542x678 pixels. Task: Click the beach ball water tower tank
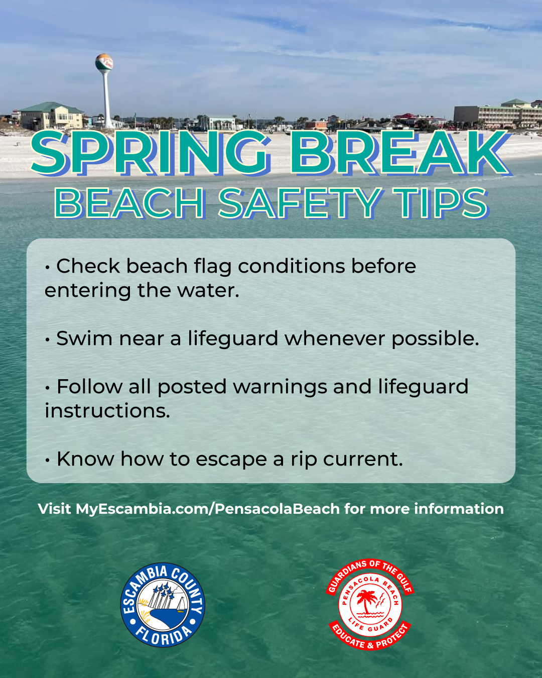(104, 62)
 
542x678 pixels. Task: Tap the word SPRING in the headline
(151, 153)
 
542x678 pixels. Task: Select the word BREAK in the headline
(399, 153)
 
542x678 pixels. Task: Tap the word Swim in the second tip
(84, 338)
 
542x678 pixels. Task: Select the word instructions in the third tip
(107, 411)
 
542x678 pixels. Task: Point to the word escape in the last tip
(231, 459)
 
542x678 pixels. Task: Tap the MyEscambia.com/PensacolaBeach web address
(208, 509)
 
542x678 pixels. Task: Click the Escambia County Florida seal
(163, 605)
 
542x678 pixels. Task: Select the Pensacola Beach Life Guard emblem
(370, 604)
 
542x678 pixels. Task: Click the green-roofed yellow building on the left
(52, 116)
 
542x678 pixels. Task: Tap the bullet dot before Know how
(47, 460)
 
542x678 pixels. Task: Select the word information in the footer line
(459, 509)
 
